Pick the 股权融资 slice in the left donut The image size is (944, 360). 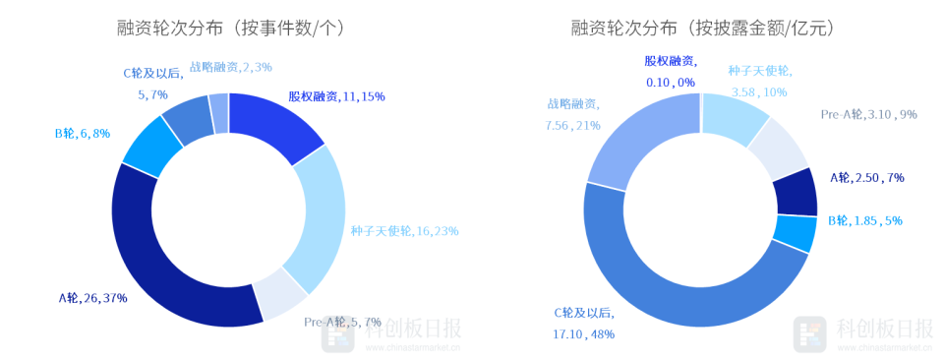tap(280, 124)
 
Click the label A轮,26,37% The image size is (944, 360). tap(92, 298)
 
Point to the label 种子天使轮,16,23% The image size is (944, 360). tap(404, 231)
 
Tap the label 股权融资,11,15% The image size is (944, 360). tap(336, 96)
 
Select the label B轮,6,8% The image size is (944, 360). tap(83, 133)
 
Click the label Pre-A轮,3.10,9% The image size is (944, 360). tap(868, 114)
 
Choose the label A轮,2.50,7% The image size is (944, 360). tap(866, 178)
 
